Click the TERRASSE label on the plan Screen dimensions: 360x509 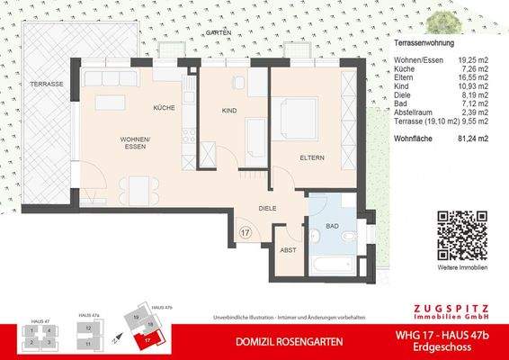pyautogui.click(x=47, y=84)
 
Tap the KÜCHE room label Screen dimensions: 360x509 pyautogui.click(x=164, y=107)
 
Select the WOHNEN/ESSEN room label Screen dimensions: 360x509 pyautogui.click(x=137, y=142)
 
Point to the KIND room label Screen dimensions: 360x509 pyautogui.click(x=228, y=111)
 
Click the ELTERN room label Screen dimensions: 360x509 pyautogui.click(x=312, y=157)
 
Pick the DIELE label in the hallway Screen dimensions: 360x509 pyautogui.click(x=267, y=209)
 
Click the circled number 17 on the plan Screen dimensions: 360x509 pyautogui.click(x=246, y=233)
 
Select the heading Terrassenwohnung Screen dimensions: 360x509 pyautogui.click(x=424, y=43)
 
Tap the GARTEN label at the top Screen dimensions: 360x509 pyautogui.click(x=218, y=32)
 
